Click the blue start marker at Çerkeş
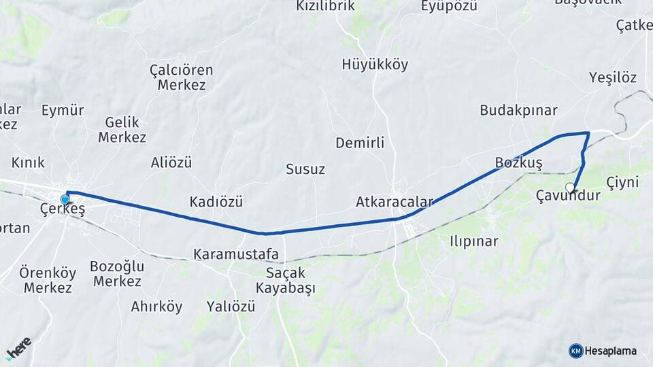point(65,199)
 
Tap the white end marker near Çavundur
point(570,187)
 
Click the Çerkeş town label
point(63,210)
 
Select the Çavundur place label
point(568,196)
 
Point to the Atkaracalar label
point(394,203)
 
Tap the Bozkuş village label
point(519,163)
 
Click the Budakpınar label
point(518,110)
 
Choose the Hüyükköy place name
point(375,65)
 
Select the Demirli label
point(360,143)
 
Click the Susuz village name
point(305,169)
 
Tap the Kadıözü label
point(216,202)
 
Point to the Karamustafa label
point(236,254)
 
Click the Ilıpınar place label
point(474,241)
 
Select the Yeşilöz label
point(613,77)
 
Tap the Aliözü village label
point(171,162)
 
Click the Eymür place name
point(63,110)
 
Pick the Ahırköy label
point(156,307)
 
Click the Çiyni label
point(623,182)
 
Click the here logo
point(18,348)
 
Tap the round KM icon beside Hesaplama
point(576,351)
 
